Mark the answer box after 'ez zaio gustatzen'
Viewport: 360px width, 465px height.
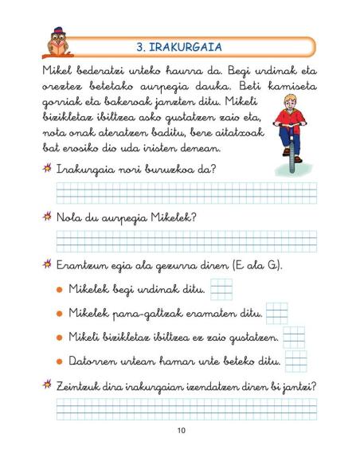[x=294, y=338]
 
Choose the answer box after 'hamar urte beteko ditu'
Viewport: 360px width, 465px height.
[x=294, y=361]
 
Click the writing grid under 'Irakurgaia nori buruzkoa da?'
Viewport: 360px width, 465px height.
[x=186, y=192]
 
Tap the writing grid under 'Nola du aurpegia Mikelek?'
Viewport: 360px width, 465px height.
[x=186, y=240]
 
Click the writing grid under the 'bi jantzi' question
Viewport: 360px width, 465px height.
[x=186, y=408]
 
